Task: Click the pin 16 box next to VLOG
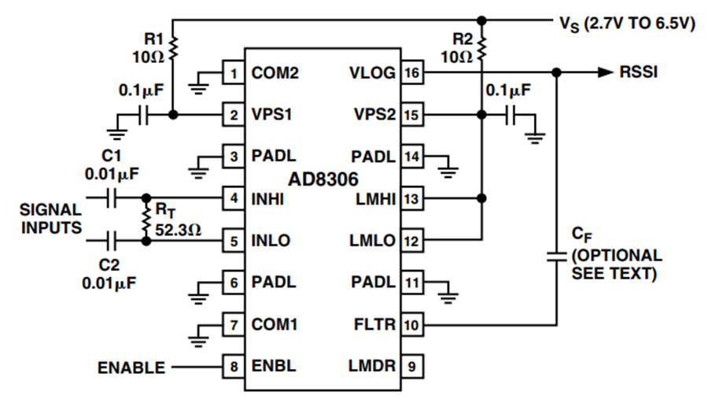[412, 72]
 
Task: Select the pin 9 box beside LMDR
[412, 366]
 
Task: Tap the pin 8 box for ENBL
[234, 366]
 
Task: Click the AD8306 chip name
[323, 179]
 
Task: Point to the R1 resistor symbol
[173, 49]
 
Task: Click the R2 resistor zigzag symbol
[481, 49]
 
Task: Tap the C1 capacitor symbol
[112, 198]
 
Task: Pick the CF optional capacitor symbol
[557, 257]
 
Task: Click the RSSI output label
[639, 72]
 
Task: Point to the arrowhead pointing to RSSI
[605, 72]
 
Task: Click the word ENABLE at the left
[131, 368]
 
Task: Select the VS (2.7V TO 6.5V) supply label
[627, 24]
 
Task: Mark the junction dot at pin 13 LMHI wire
[481, 198]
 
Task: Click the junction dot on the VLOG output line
[557, 72]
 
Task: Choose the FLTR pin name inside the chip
[374, 324]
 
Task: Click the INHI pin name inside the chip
[267, 199]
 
